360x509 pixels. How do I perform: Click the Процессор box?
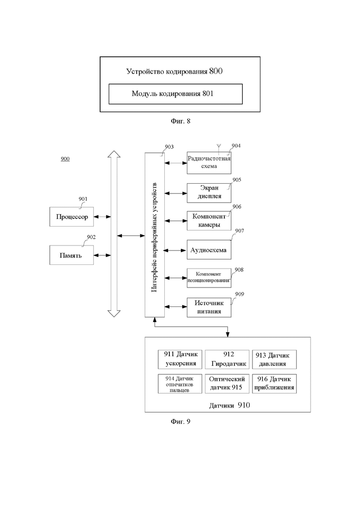click(x=72, y=216)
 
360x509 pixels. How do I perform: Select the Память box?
click(x=72, y=255)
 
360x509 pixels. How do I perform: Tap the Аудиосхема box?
click(x=209, y=250)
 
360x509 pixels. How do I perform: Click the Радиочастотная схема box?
click(x=209, y=162)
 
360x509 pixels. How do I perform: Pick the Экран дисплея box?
click(x=209, y=193)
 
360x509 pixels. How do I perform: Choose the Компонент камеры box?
click(x=209, y=221)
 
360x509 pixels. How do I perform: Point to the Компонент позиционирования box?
click(x=209, y=278)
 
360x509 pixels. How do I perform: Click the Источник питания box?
click(x=209, y=307)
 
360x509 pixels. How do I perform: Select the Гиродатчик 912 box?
click(x=227, y=359)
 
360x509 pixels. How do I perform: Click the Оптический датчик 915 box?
click(x=227, y=384)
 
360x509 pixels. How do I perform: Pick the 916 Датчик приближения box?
click(x=274, y=384)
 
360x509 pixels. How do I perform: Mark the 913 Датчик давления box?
click(x=274, y=359)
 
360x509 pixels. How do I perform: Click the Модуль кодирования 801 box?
click(x=176, y=94)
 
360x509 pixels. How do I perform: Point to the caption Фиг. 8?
click(x=180, y=121)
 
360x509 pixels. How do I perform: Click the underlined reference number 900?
click(x=65, y=159)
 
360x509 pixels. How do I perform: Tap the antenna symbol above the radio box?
click(x=218, y=148)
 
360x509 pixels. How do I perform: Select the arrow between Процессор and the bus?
click(x=102, y=216)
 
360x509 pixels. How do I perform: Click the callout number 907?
click(x=240, y=231)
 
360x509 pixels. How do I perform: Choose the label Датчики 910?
click(x=229, y=405)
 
